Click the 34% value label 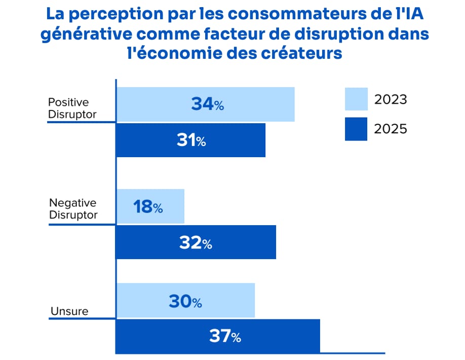pos(207,104)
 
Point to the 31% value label pos(191,140)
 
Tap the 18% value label pos(148,207)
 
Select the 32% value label pos(195,243)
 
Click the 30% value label pos(185,302)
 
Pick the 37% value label pos(225,336)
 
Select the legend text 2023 pos(391,99)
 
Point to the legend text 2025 pos(391,129)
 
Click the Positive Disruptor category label pos(72,108)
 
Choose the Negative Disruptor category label pos(73,208)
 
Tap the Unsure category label pos(69,311)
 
